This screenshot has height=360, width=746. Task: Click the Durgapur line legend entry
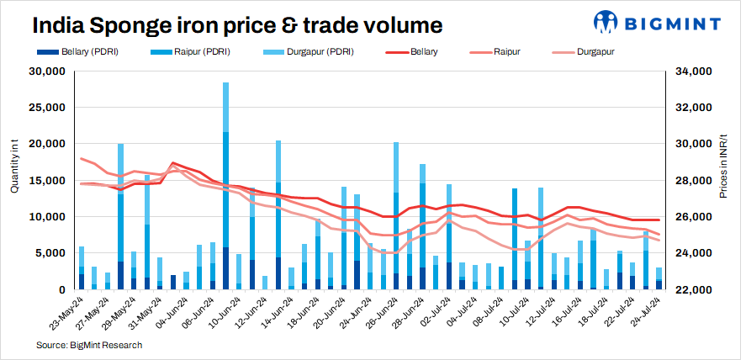(x=596, y=52)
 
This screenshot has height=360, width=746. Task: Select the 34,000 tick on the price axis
(x=694, y=71)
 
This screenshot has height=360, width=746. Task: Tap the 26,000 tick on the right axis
(x=694, y=217)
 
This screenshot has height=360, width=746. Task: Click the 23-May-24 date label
(x=67, y=314)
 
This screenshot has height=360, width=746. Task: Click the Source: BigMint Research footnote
(x=89, y=345)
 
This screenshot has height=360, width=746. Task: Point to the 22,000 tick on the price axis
(x=694, y=289)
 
